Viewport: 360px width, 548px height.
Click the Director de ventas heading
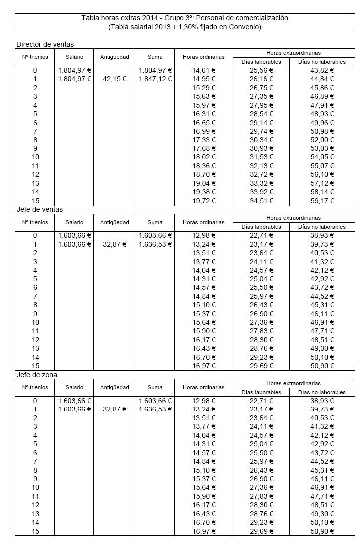point(45,44)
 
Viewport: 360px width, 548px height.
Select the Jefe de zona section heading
point(40,374)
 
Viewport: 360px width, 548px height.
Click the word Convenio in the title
point(243,27)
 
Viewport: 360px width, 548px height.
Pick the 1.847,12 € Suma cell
point(155,79)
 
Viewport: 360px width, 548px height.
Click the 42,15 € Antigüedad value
point(115,79)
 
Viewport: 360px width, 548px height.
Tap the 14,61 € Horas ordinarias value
point(204,70)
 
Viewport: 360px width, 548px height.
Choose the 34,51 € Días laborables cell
point(261,201)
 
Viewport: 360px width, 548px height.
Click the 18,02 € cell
point(204,157)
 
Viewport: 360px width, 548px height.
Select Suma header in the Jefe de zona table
point(155,387)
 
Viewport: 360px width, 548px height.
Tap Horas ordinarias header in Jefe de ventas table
point(204,222)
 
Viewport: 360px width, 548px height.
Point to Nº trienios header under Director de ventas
point(35,57)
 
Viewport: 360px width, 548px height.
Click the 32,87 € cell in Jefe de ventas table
point(115,244)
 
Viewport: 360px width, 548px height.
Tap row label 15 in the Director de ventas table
point(35,201)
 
